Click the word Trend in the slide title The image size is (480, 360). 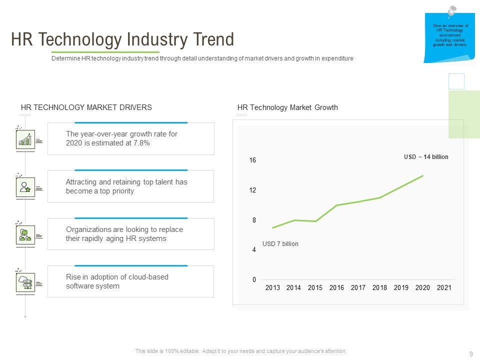point(211,39)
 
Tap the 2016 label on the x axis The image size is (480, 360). point(336,288)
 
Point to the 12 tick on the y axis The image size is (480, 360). point(252,190)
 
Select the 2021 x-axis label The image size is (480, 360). point(444,288)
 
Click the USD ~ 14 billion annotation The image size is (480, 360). point(426,157)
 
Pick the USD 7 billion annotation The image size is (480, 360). point(280,244)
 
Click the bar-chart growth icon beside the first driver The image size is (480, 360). point(25,139)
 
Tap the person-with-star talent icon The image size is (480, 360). point(25,187)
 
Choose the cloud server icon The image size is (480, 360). point(25,282)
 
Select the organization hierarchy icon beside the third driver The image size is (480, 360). point(25,235)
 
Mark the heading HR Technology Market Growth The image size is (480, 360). point(287,107)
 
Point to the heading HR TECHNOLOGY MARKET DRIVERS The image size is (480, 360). point(86,107)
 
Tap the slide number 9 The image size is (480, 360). point(471,354)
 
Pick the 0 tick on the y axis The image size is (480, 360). point(254,280)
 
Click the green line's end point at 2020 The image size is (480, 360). point(423,175)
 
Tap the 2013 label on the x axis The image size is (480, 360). point(272,288)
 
